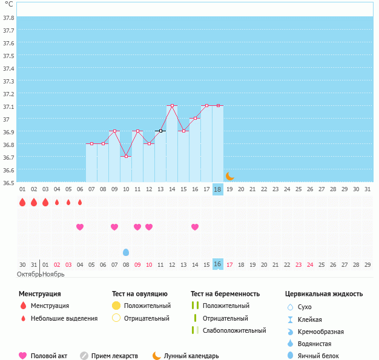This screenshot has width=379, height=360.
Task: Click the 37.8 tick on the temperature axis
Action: coord(9,18)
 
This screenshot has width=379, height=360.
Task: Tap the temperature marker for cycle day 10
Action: coord(126,156)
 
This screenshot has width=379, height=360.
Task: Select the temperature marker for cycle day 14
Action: coord(172,105)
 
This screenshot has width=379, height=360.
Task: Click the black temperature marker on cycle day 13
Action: coord(160,131)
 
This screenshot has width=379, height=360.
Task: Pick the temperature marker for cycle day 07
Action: coord(91,143)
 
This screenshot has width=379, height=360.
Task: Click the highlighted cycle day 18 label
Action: coord(218,189)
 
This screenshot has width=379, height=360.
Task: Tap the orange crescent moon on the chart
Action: coord(230,176)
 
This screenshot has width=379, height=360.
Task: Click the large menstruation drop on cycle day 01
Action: coord(22,202)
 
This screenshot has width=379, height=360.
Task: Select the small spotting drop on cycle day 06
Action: coord(80,202)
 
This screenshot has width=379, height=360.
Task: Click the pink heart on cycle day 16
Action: coord(195,227)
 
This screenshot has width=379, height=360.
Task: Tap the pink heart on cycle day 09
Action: coord(114,227)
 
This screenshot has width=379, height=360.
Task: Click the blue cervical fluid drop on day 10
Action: coord(126,252)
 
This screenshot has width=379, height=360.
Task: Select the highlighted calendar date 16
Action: coord(218,264)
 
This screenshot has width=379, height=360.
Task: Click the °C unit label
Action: coord(9,5)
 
